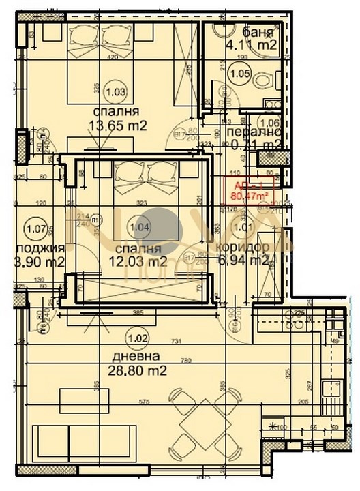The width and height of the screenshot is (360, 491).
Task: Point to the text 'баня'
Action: coord(258,32)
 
